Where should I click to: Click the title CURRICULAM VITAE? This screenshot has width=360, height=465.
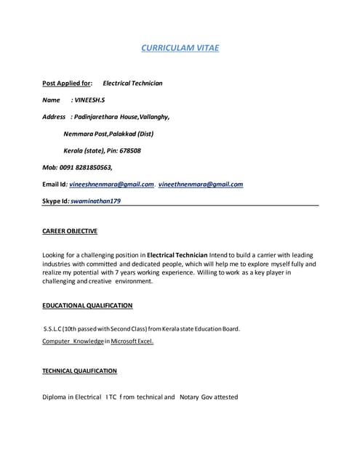tap(180, 48)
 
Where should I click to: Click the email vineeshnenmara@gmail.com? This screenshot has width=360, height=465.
tap(111, 185)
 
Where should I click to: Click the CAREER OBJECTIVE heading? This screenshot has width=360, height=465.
tap(70, 231)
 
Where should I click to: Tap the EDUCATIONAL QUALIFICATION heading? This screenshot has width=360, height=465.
tap(87, 306)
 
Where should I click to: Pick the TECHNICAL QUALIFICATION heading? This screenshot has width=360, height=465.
tap(79, 371)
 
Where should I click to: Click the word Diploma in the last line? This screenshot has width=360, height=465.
tap(55, 397)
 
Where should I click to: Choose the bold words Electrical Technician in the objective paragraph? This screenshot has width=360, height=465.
tap(177, 256)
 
